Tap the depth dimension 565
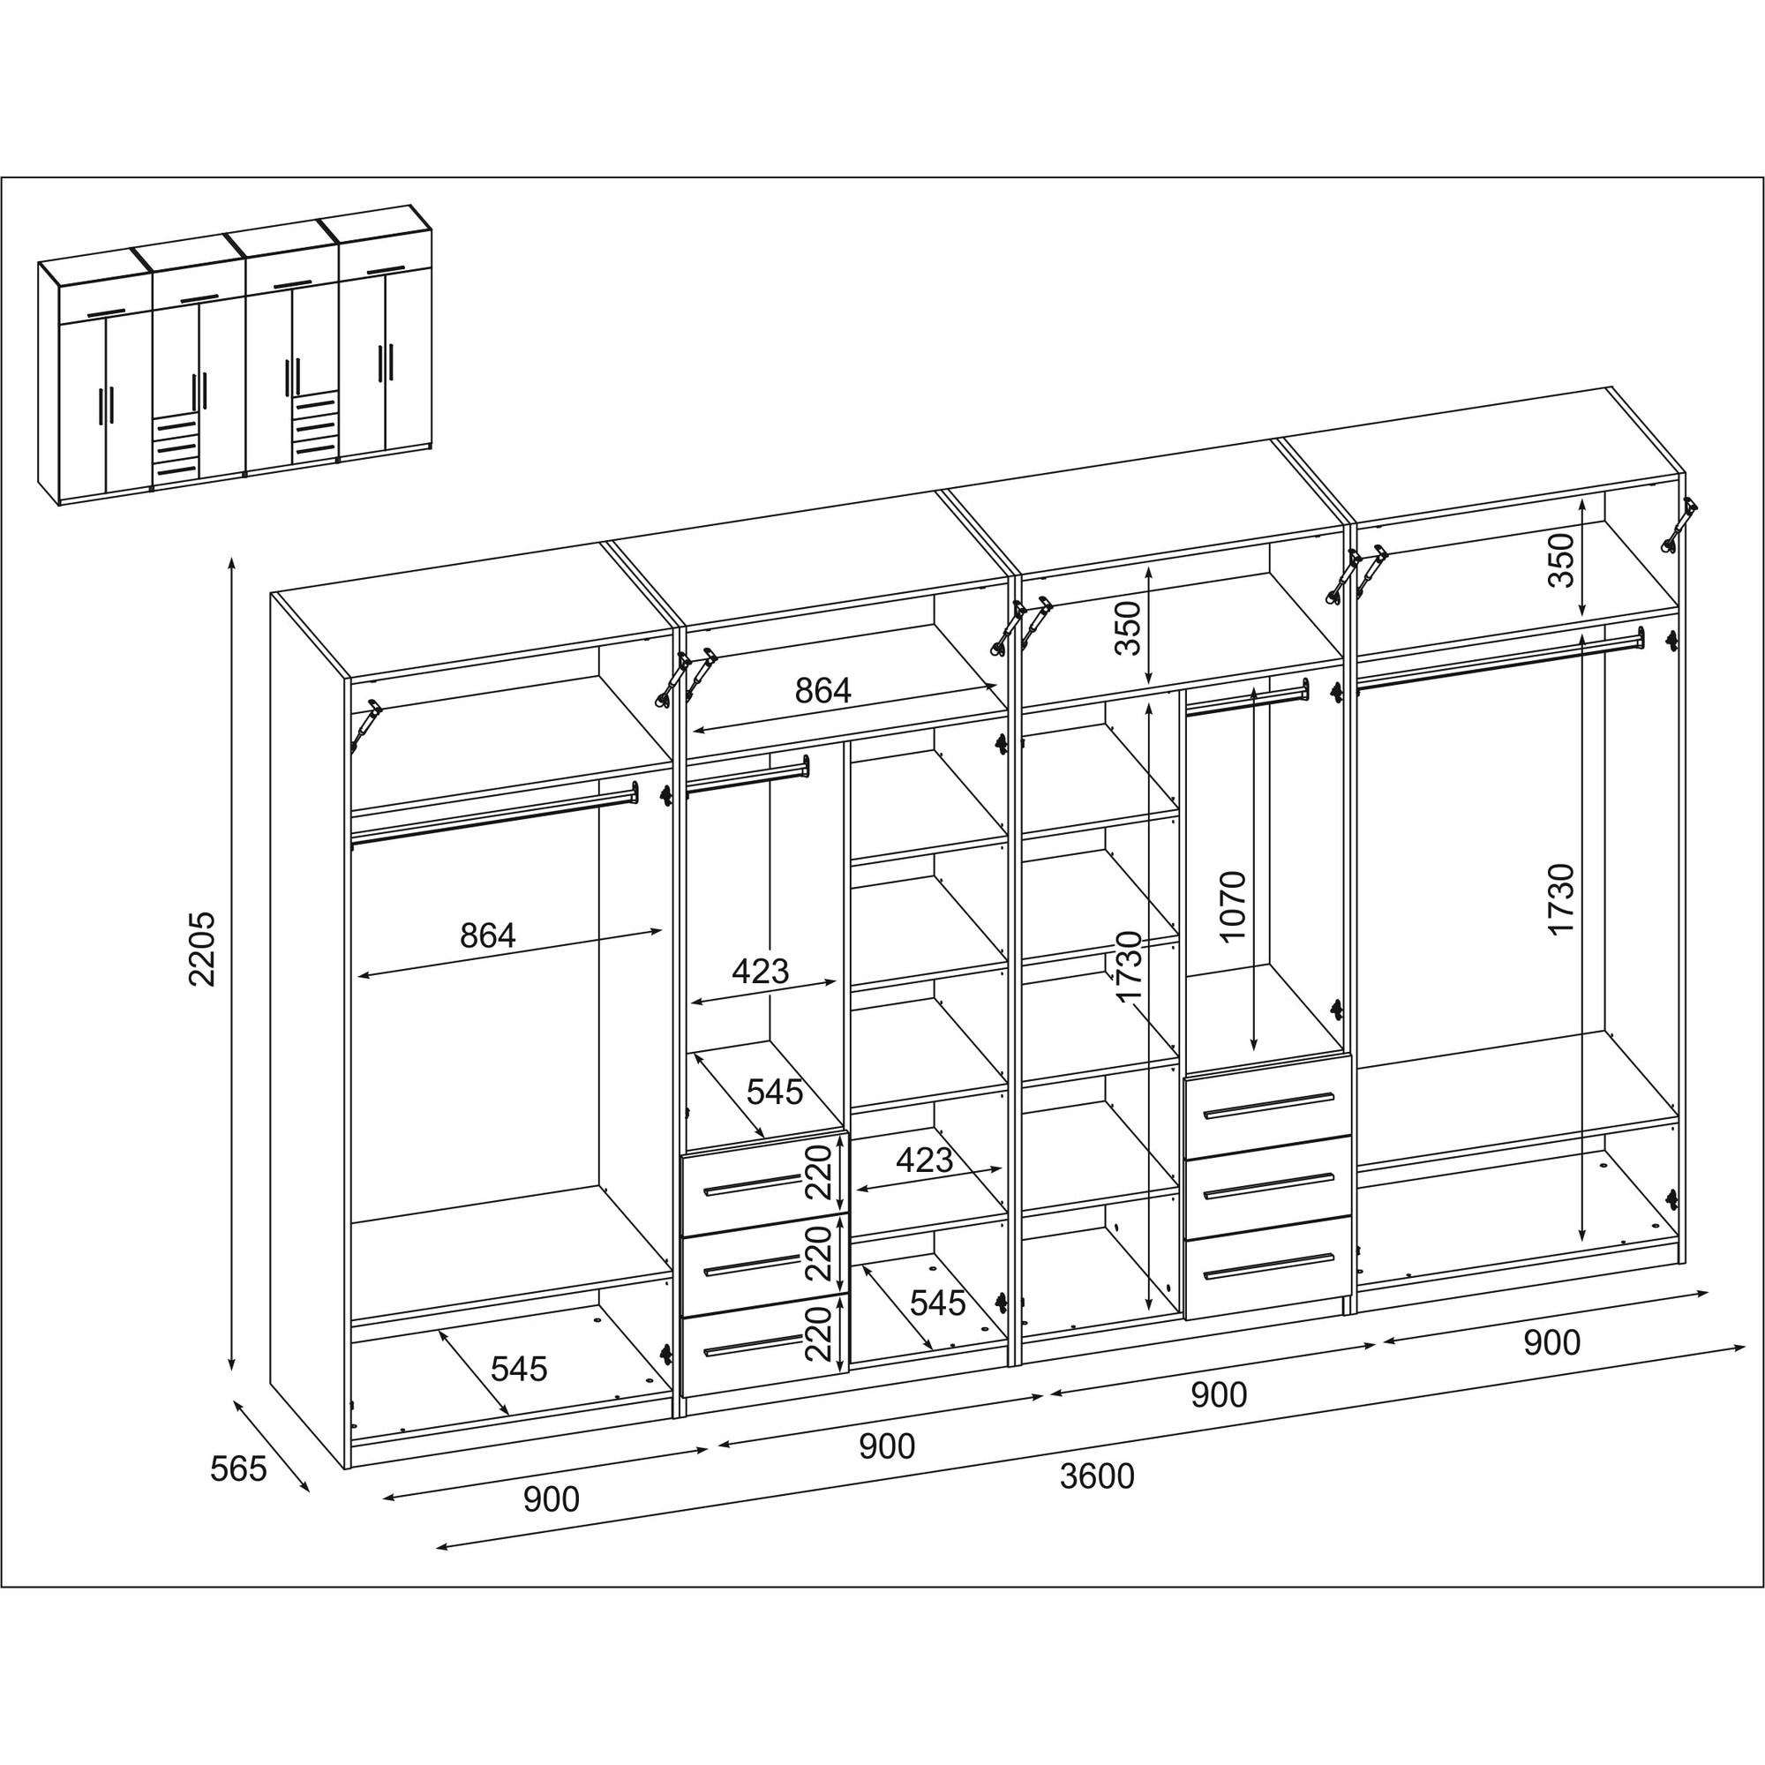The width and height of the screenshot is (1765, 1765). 238,1469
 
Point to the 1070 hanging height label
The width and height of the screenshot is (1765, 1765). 1231,907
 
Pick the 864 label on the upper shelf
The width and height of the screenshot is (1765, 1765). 822,691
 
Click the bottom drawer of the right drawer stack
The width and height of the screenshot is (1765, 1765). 1268,1267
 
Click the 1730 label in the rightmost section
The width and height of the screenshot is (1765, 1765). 1560,899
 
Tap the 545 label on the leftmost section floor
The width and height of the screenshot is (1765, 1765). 519,1369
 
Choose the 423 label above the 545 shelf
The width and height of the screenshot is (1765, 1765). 759,970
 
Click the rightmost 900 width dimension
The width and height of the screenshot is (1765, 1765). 1551,1342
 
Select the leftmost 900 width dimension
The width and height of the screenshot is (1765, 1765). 551,1499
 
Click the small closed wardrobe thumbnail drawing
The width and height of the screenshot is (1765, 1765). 235,356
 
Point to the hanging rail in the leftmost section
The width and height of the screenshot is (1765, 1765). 494,815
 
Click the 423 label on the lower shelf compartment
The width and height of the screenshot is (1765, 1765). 924,1160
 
